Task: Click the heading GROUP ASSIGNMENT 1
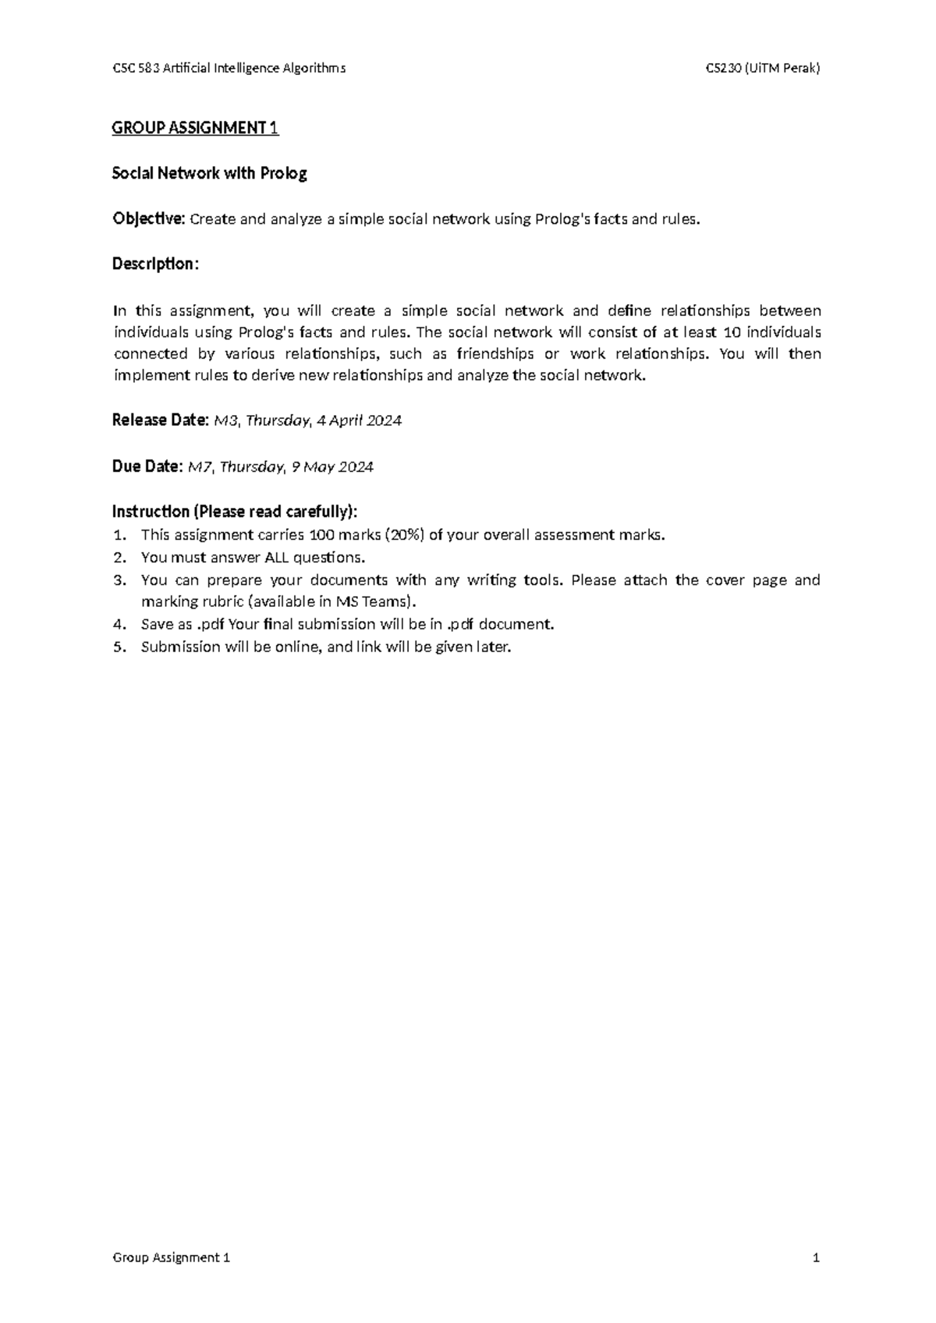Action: (x=195, y=128)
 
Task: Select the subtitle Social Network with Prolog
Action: (x=209, y=173)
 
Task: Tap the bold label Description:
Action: (x=155, y=264)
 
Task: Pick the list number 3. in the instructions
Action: (x=119, y=580)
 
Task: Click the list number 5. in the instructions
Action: (x=119, y=647)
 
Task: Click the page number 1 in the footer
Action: (x=816, y=1257)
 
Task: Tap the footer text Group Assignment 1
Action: (x=172, y=1257)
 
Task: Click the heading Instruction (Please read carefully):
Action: (x=235, y=512)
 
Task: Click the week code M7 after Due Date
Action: (x=200, y=466)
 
